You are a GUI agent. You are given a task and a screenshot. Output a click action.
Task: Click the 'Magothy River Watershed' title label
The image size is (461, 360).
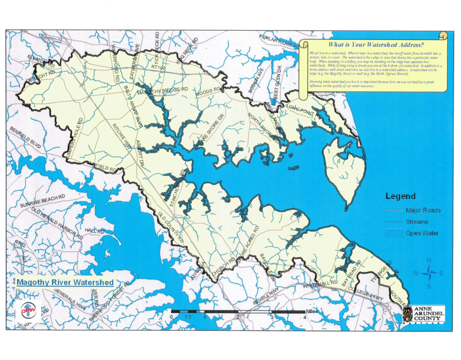65,282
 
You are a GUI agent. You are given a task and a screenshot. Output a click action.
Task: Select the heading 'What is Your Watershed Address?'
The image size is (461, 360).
375,45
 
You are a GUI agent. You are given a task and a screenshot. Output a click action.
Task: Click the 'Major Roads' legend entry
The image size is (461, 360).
423,210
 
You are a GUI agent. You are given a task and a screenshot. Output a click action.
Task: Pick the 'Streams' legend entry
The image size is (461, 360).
417,222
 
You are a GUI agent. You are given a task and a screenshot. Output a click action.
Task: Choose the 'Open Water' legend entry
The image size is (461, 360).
422,233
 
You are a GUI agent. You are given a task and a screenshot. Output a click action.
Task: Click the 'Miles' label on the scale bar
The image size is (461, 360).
312,311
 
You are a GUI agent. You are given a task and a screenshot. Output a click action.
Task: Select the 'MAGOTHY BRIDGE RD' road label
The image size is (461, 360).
163,91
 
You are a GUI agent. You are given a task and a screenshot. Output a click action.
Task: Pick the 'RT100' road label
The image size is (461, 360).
158,67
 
